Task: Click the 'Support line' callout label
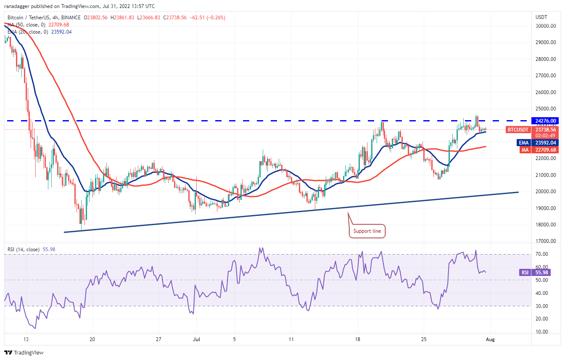pyautogui.click(x=367, y=231)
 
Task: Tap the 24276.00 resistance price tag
pyautogui.click(x=544, y=121)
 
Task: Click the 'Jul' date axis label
pyautogui.click(x=196, y=339)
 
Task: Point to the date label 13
pyautogui.click(x=26, y=339)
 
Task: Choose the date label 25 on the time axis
pyautogui.click(x=424, y=339)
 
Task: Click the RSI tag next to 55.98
pyautogui.click(x=525, y=272)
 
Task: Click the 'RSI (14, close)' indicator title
pyautogui.click(x=24, y=250)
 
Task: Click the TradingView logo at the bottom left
pyautogui.click(x=24, y=352)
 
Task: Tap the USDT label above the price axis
pyautogui.click(x=541, y=17)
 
